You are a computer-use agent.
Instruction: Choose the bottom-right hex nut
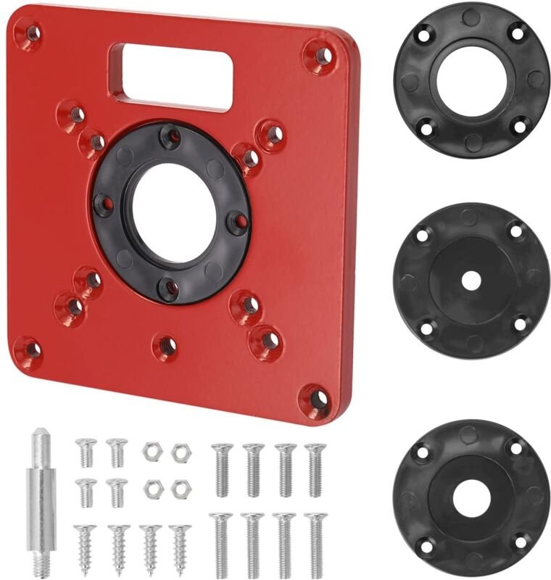179,489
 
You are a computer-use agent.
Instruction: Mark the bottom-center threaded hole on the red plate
166,347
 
